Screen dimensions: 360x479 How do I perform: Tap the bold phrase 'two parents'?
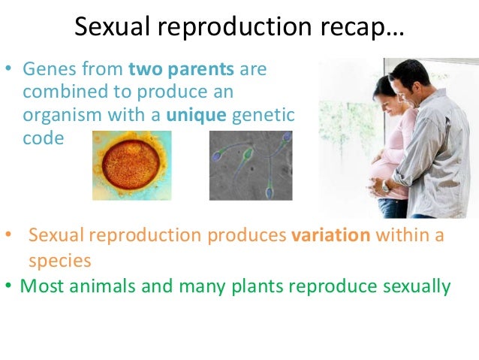click(x=182, y=69)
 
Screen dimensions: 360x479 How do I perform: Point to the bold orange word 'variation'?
click(x=330, y=235)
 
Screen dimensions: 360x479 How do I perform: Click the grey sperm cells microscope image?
click(x=250, y=165)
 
